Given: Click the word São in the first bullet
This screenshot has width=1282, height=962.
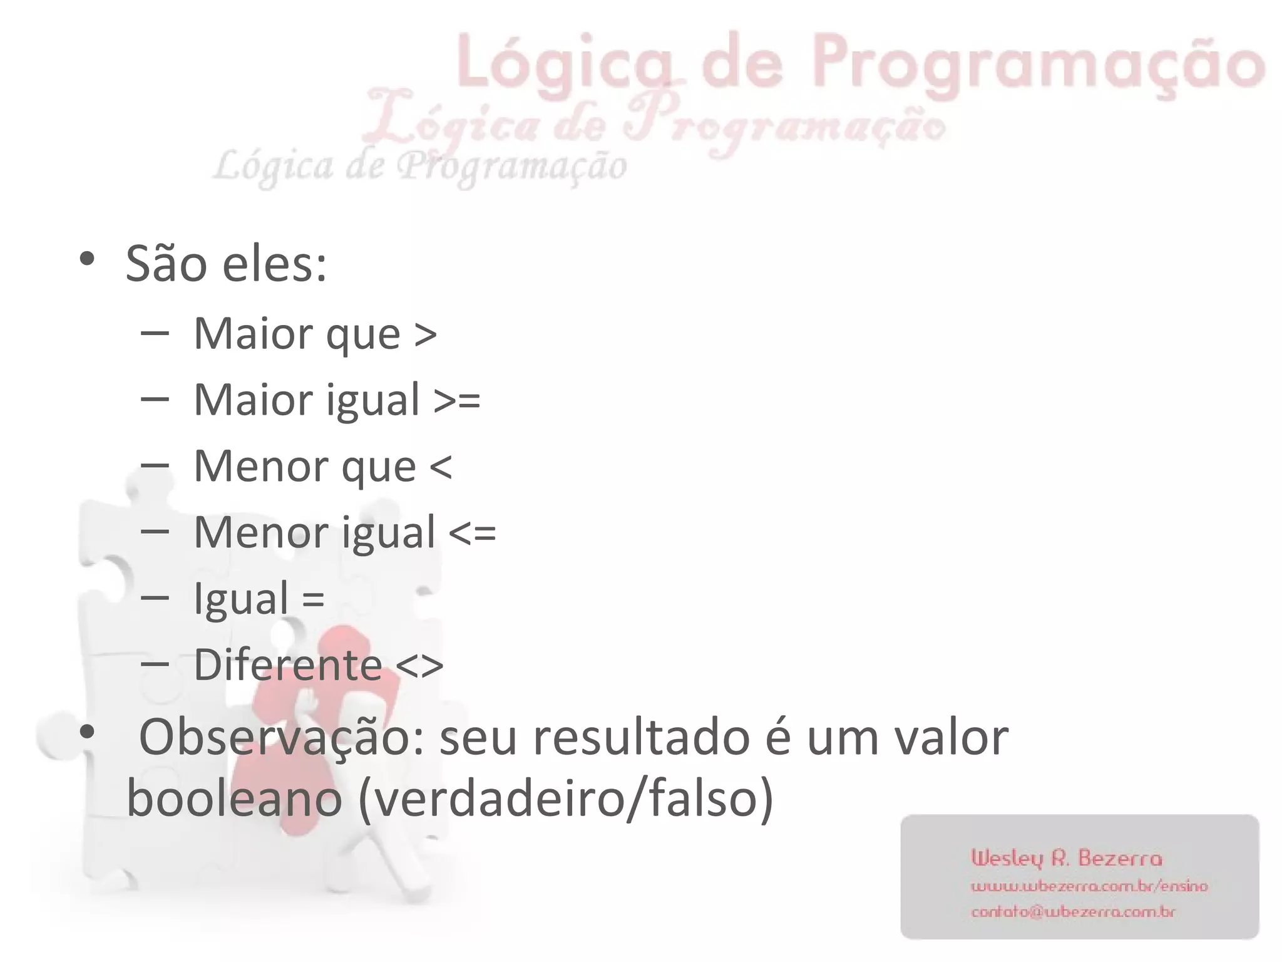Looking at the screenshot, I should click(167, 264).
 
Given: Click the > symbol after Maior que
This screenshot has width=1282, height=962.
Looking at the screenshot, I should click(425, 334).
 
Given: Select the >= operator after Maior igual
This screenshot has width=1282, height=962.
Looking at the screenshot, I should click(457, 400).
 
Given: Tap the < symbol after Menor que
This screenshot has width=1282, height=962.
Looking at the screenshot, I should click(441, 467).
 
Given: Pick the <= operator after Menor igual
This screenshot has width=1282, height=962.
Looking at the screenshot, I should click(473, 533).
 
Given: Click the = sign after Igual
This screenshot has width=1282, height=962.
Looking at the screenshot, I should click(313, 599).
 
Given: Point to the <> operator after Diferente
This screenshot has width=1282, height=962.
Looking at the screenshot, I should click(420, 665).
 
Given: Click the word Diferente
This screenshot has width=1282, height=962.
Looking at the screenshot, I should click(288, 665).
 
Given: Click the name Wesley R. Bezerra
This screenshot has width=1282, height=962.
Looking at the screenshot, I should click(1067, 858).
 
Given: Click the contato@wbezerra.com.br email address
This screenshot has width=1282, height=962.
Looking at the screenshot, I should click(1073, 912).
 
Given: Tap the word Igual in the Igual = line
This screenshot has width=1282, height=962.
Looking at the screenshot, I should click(241, 599).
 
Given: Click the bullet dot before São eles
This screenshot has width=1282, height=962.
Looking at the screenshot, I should click(86, 258).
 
